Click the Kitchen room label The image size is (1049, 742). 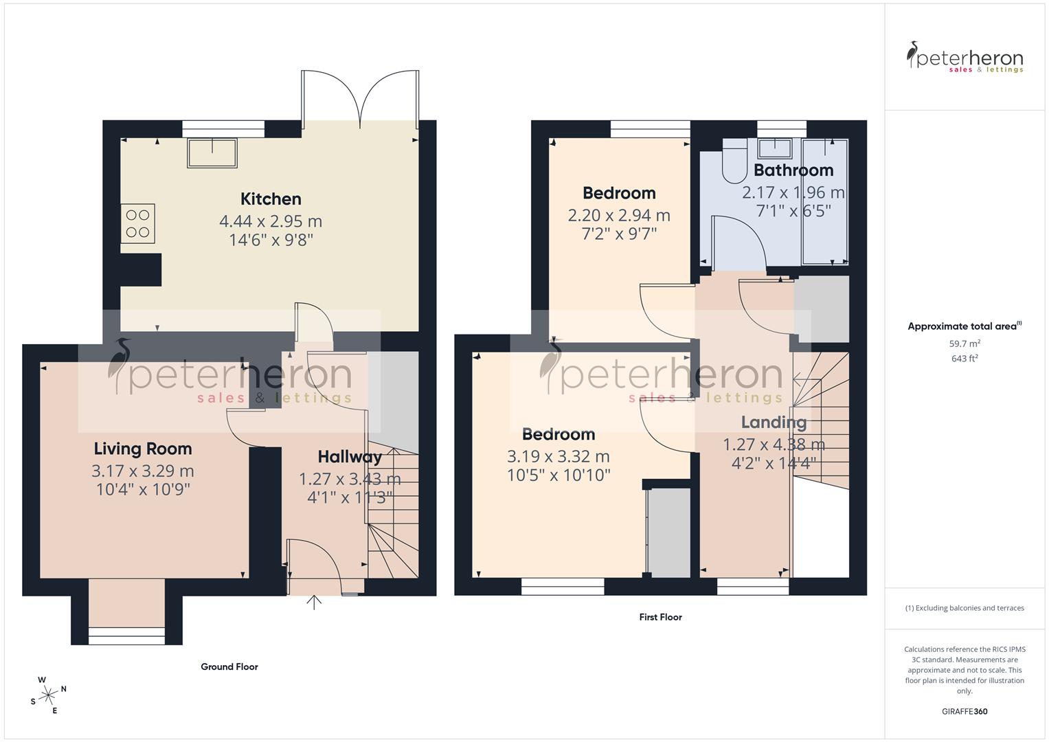coord(271,199)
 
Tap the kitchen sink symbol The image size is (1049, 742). coord(212,153)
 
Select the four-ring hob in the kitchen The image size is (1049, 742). coord(138,223)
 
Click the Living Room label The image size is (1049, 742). coord(143,449)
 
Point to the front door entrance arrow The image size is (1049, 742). coord(314,603)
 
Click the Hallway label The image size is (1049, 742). coord(350,457)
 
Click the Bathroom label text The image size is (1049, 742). coord(793,170)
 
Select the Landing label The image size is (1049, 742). coord(774,422)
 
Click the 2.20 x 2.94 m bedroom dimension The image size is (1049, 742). coord(619,215)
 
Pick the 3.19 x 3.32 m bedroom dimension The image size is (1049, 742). coord(559,456)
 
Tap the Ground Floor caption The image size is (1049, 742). coord(229,666)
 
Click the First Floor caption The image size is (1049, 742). coord(660,617)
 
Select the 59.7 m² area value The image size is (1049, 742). coord(965,344)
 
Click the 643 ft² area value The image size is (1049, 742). coord(965,359)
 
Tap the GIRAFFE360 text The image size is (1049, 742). coord(965,711)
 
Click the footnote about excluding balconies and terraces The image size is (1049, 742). coord(965,608)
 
